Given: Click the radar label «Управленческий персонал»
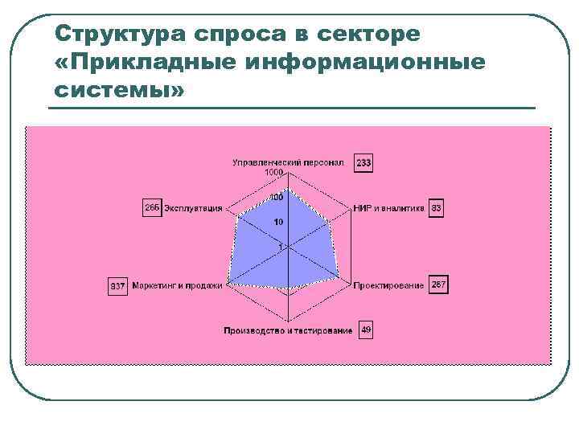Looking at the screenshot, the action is click(288, 163).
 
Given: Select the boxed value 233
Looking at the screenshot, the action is click(364, 164).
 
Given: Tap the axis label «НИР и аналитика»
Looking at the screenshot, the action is click(388, 208).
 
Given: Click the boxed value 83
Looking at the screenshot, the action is click(437, 208).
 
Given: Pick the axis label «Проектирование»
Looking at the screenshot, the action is click(388, 285).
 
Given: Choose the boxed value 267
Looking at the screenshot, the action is click(438, 285).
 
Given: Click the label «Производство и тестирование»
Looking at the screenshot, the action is click(288, 331).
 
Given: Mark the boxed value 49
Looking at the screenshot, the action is click(366, 330).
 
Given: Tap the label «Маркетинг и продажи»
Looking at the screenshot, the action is click(177, 285).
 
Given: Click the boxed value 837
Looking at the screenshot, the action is click(118, 286).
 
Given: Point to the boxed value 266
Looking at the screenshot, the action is click(152, 207).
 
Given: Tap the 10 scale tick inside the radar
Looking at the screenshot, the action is click(278, 222).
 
